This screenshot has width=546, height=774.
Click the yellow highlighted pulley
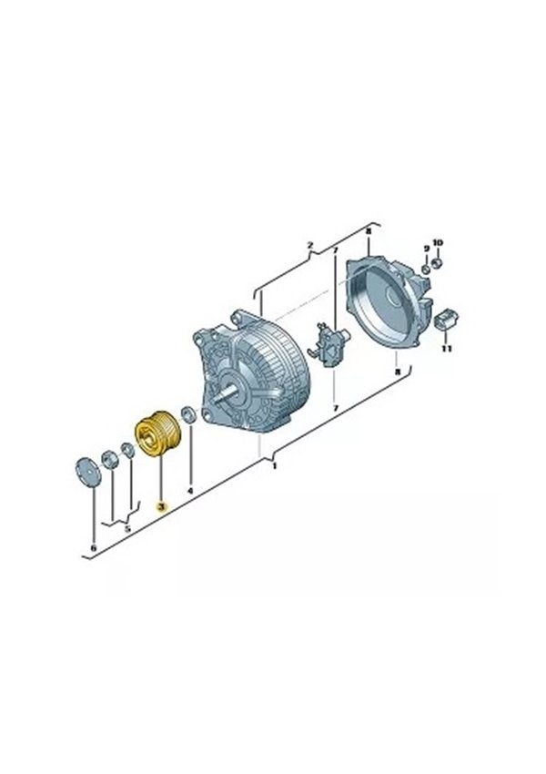pyautogui.click(x=159, y=433)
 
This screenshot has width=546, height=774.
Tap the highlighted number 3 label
pyautogui.click(x=161, y=506)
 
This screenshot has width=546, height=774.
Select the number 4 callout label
pyautogui.click(x=191, y=491)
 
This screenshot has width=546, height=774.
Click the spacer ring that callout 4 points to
pyautogui.click(x=188, y=414)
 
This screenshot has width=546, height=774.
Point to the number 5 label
pyautogui.click(x=127, y=529)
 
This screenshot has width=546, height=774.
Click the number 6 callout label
pyautogui.click(x=95, y=548)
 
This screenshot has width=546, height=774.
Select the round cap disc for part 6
pyautogui.click(x=87, y=473)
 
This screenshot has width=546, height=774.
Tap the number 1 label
pyautogui.click(x=275, y=465)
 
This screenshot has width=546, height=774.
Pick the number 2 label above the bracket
pyautogui.click(x=309, y=245)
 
